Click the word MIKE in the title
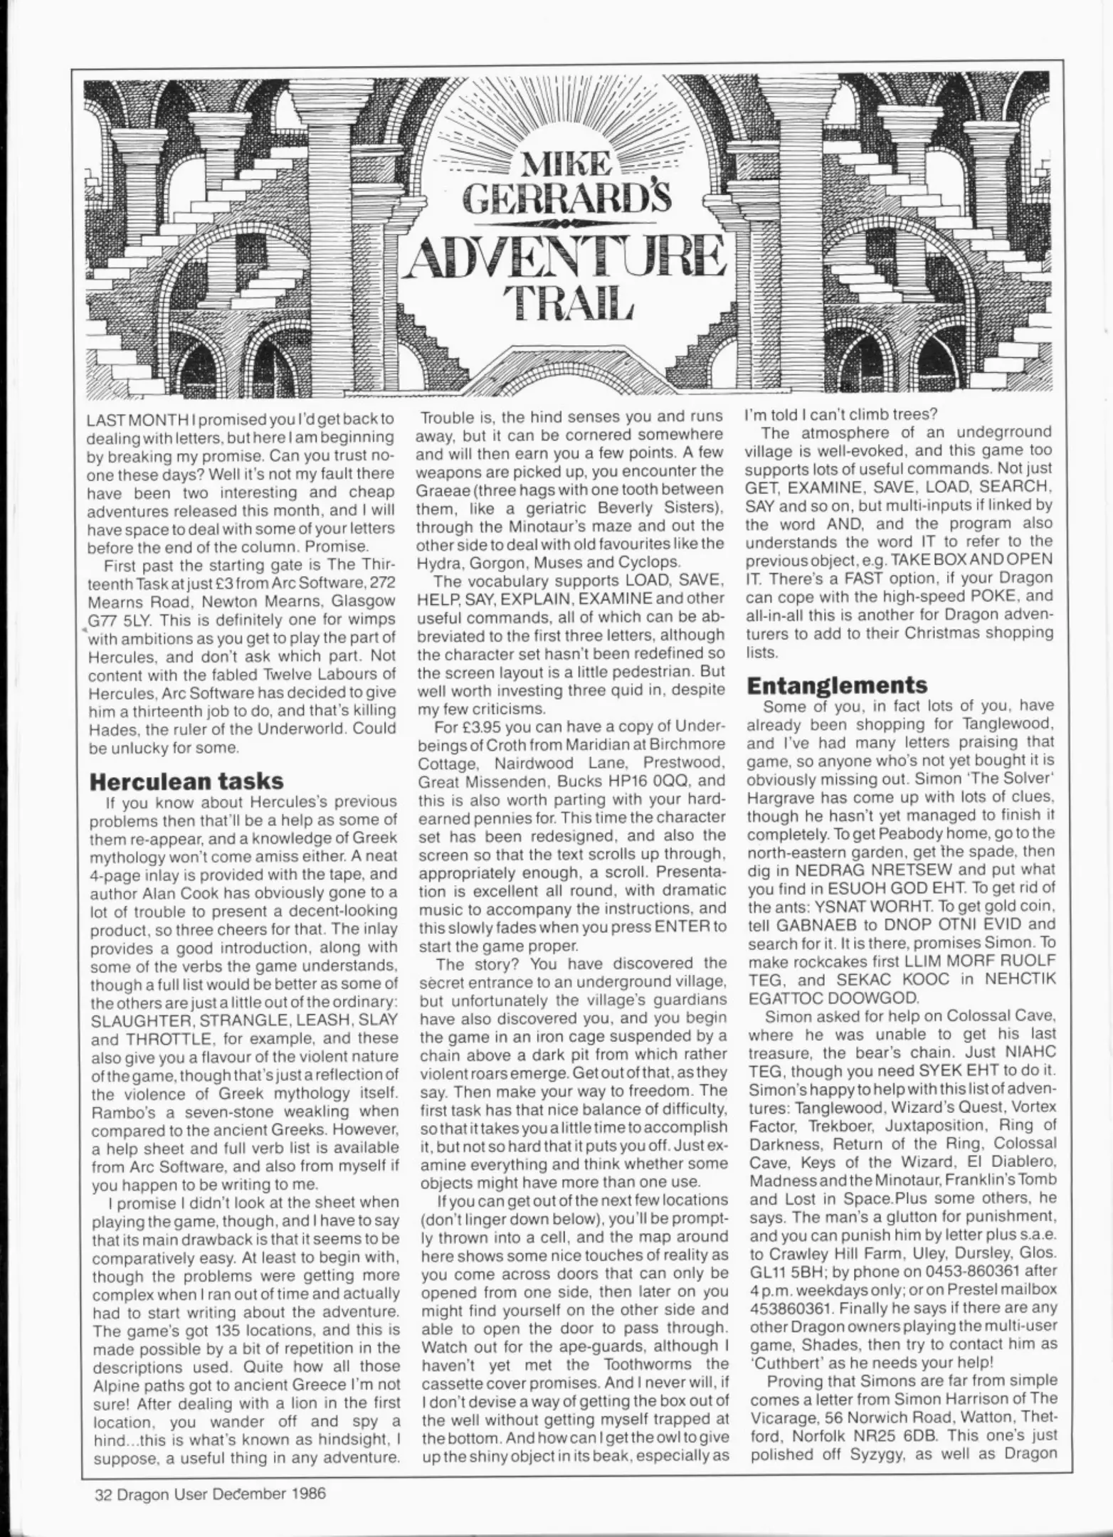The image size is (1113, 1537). click(566, 165)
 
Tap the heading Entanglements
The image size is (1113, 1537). click(838, 685)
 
